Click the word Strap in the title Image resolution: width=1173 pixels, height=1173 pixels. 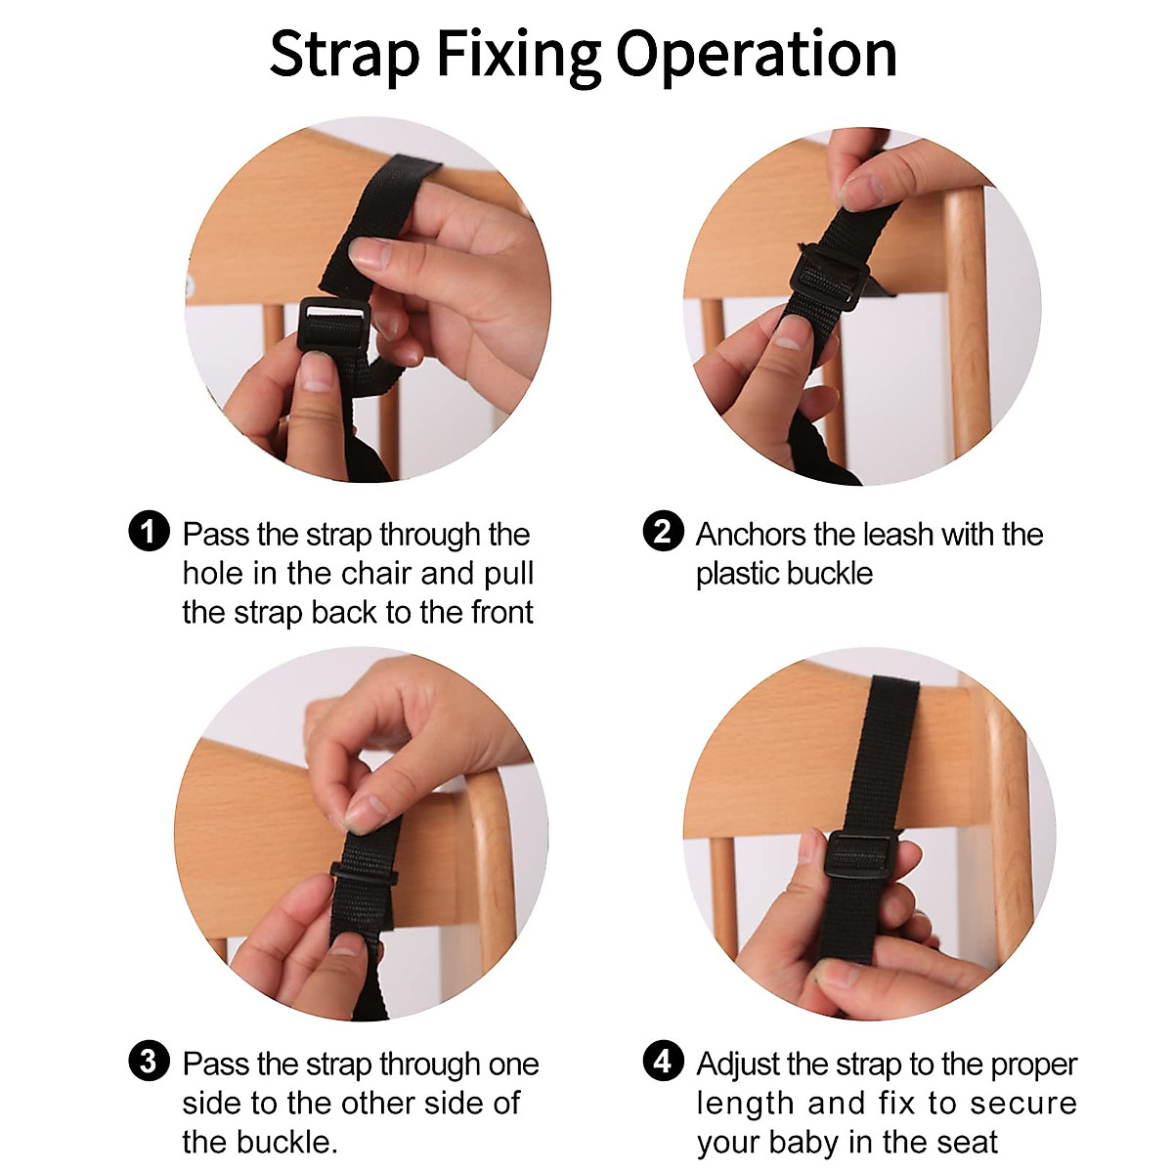coord(343,55)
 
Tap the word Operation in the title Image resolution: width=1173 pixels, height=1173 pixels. coord(756,55)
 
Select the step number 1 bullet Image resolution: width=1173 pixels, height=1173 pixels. coord(149,533)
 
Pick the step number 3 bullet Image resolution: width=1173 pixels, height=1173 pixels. coord(149,1062)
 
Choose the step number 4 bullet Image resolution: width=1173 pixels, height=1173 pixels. coord(663,1062)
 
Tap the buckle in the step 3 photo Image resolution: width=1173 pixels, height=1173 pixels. coord(364,872)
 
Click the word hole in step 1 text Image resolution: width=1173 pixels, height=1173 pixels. coord(212,573)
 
